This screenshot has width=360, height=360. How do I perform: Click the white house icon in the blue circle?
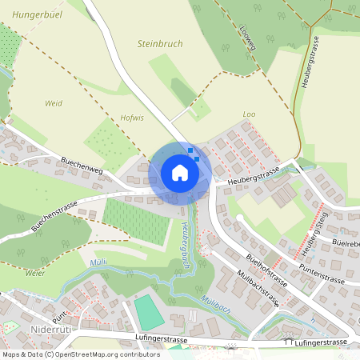pos(180,173)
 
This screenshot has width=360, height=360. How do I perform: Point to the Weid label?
pos(54,103)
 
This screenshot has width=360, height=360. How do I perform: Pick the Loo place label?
pos(248,115)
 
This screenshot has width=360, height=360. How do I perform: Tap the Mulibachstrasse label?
pos(258,289)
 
